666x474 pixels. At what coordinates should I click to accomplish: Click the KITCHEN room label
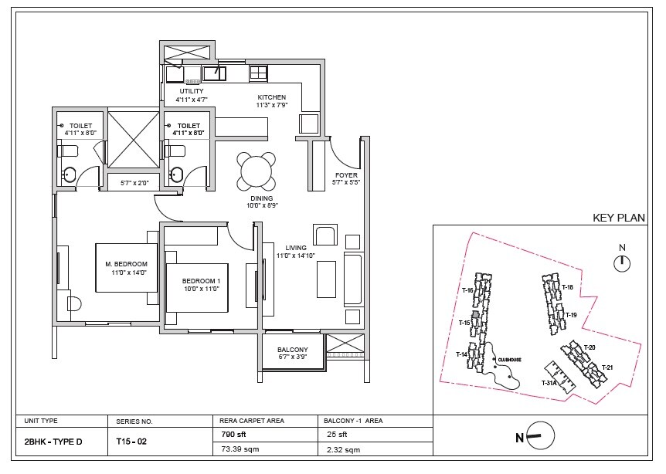point(272,98)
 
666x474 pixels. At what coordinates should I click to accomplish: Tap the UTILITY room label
point(191,91)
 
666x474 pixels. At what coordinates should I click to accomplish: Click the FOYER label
point(345,174)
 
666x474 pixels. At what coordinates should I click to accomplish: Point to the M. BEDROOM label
point(126,264)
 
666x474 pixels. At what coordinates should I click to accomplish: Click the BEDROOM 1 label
point(201,280)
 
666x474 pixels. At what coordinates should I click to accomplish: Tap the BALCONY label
point(292,349)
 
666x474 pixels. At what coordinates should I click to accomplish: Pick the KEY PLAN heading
point(618,218)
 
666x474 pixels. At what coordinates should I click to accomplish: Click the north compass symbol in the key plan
point(620,264)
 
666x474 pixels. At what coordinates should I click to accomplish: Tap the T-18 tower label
point(566,287)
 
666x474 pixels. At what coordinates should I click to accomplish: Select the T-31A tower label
point(549,383)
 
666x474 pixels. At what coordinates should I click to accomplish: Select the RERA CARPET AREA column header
point(253,422)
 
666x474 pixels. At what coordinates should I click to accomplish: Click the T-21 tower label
point(607,367)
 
